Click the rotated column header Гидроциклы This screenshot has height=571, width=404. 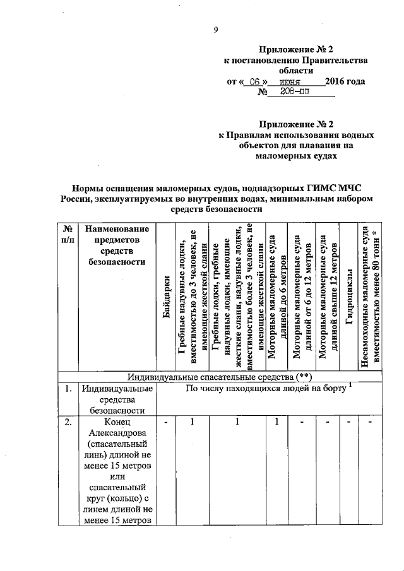pos(349,297)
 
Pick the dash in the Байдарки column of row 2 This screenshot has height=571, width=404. pos(166,422)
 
